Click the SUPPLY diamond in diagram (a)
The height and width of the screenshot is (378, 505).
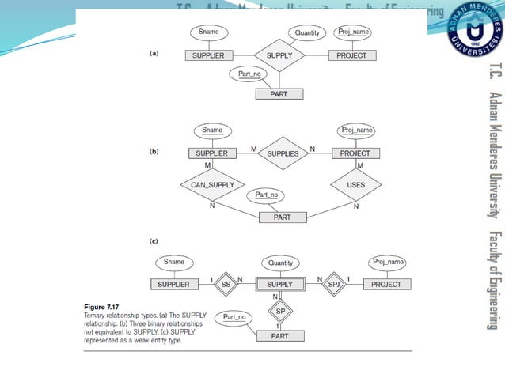pos(280,56)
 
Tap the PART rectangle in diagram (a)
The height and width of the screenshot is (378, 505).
pos(278,94)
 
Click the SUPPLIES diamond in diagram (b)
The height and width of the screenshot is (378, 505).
pos(283,153)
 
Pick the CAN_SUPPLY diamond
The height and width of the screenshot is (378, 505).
pos(211,185)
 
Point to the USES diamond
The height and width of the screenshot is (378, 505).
pos(355,185)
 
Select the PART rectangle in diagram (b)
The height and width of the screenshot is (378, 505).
pos(283,217)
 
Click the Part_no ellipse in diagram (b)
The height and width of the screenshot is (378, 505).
pos(266,195)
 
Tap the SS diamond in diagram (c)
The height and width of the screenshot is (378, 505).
pos(225,284)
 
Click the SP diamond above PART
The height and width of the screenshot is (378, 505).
pos(280,312)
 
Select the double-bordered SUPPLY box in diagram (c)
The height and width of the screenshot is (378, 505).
pos(279,284)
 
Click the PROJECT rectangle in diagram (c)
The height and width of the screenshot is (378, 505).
pos(385,284)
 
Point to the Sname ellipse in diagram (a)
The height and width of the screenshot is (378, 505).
pos(209,32)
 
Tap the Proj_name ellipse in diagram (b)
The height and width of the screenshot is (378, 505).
pos(355,130)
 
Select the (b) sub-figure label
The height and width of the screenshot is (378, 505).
pos(155,149)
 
